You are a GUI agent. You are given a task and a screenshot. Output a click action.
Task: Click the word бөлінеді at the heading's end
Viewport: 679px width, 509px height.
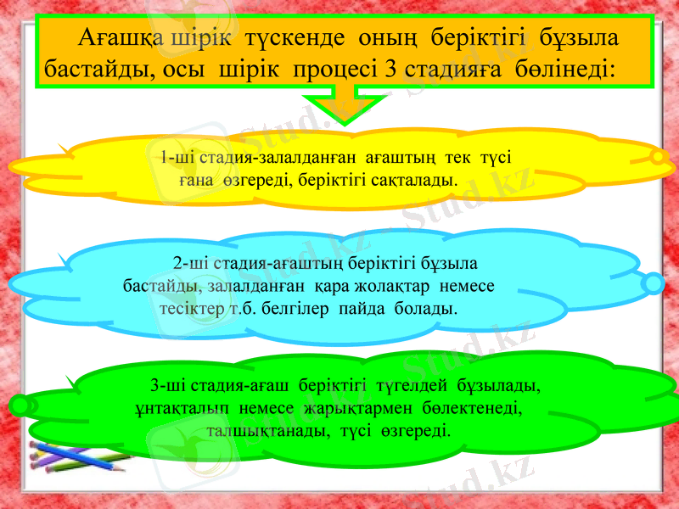[x=563, y=68]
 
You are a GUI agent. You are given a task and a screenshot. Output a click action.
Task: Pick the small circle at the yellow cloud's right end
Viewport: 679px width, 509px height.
[x=658, y=157]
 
